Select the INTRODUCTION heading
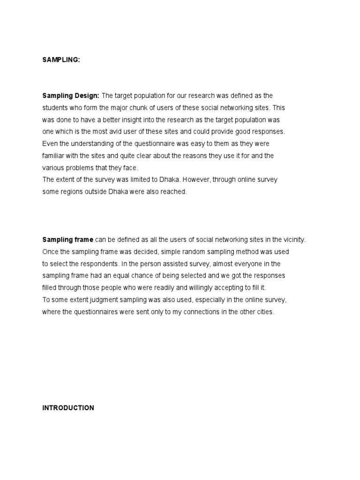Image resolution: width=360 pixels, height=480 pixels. point(68,408)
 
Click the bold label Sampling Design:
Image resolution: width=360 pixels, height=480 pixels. point(70,96)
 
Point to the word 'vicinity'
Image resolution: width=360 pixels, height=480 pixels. point(293,240)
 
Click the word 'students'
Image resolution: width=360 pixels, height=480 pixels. point(55,108)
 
